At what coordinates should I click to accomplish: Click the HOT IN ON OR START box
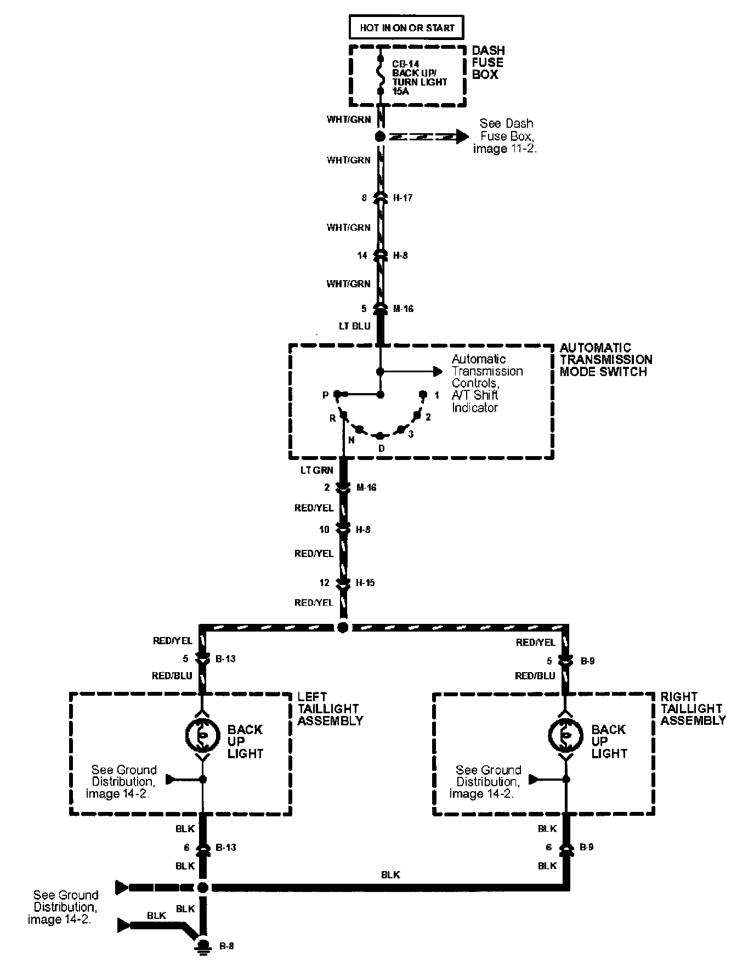pyautogui.click(x=407, y=27)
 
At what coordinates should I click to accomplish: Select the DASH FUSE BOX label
pyautogui.click(x=488, y=62)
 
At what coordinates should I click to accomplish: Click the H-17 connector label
pyautogui.click(x=403, y=197)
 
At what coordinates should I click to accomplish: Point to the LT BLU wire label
pyautogui.click(x=355, y=326)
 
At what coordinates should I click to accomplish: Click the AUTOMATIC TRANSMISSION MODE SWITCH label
pyautogui.click(x=605, y=360)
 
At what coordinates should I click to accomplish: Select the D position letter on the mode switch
pyautogui.click(x=382, y=448)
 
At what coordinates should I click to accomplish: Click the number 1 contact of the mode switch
pyautogui.click(x=423, y=394)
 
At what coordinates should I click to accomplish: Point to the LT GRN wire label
pyautogui.click(x=317, y=470)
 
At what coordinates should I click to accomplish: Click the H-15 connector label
pyautogui.click(x=365, y=583)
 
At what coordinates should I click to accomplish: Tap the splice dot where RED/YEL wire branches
pyautogui.click(x=343, y=627)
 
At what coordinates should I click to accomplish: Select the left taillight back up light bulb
pyautogui.click(x=202, y=736)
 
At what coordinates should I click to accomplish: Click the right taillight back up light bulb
pyautogui.click(x=565, y=736)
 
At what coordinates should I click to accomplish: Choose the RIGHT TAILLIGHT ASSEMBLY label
pyautogui.click(x=693, y=708)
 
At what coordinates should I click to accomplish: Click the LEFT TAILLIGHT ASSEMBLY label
pyautogui.click(x=330, y=708)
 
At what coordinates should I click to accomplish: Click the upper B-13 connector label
pyautogui.click(x=225, y=658)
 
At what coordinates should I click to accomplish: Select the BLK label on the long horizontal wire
pyautogui.click(x=390, y=875)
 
